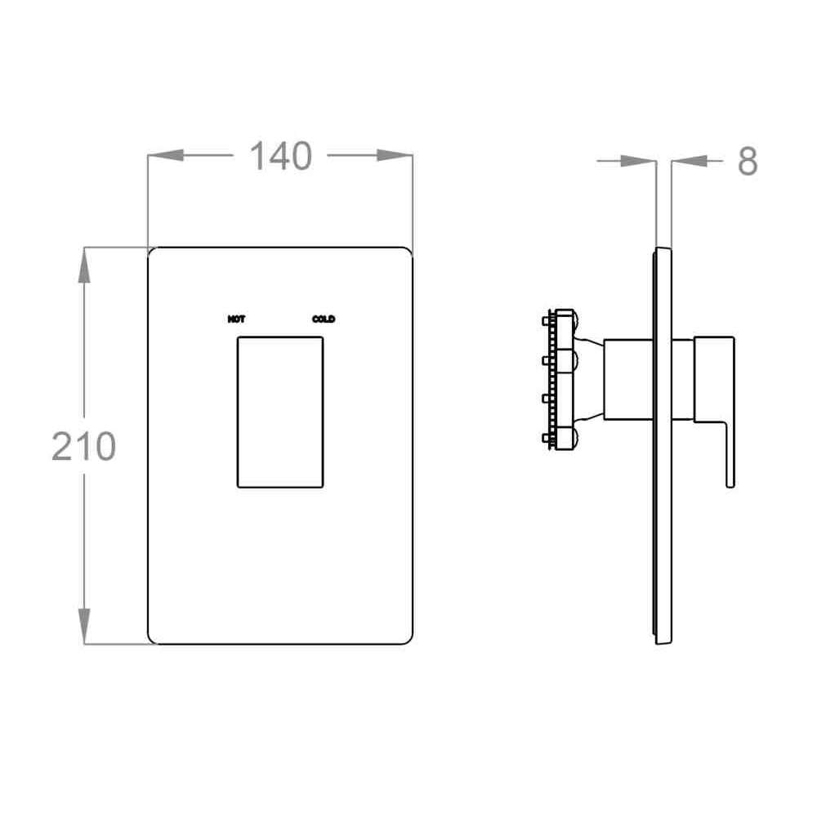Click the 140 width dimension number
click(x=281, y=156)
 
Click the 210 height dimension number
click(x=83, y=446)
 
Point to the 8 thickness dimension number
click(x=748, y=162)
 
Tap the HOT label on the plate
click(x=237, y=319)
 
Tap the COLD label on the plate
click(x=324, y=319)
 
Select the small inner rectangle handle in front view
click(x=280, y=412)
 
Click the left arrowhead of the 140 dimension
click(x=166, y=155)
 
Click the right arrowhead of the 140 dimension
click(x=395, y=155)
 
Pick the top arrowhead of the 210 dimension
click(x=84, y=266)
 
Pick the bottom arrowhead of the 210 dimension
click(x=84, y=627)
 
